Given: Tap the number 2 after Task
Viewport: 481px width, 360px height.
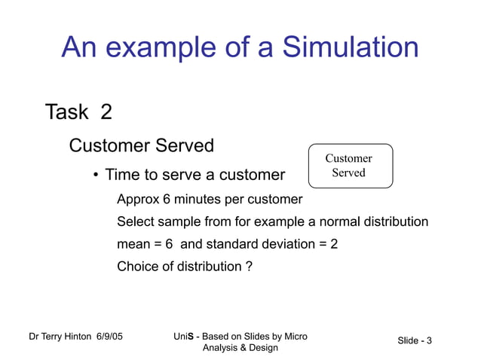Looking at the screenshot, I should pyautogui.click(x=106, y=112).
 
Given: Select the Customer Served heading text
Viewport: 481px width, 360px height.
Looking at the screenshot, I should pyautogui.click(x=141, y=145).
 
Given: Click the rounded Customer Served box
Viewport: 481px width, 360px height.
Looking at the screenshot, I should pyautogui.click(x=350, y=166).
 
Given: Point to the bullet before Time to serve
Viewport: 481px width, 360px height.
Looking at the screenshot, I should pyautogui.click(x=96, y=176).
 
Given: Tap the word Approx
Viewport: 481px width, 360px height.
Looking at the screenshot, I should pyautogui.click(x=138, y=200).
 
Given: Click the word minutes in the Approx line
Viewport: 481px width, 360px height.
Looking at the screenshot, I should pyautogui.click(x=198, y=200).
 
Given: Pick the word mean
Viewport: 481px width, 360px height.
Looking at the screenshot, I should pyautogui.click(x=133, y=245).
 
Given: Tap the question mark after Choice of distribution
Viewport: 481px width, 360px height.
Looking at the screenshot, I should pyautogui.click(x=249, y=266).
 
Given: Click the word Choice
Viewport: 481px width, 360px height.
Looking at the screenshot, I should pyautogui.click(x=136, y=266).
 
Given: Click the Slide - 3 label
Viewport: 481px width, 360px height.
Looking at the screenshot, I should pyautogui.click(x=415, y=341).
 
